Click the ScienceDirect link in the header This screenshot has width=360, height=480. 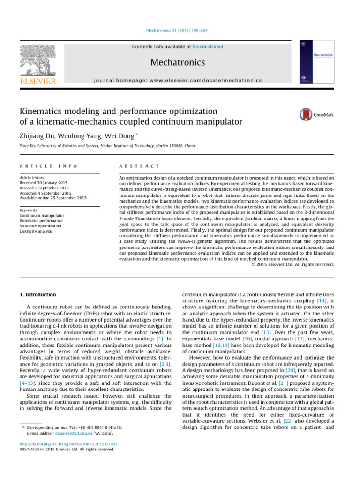click(209, 47)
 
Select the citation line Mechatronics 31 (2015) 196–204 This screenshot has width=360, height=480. click(180, 35)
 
